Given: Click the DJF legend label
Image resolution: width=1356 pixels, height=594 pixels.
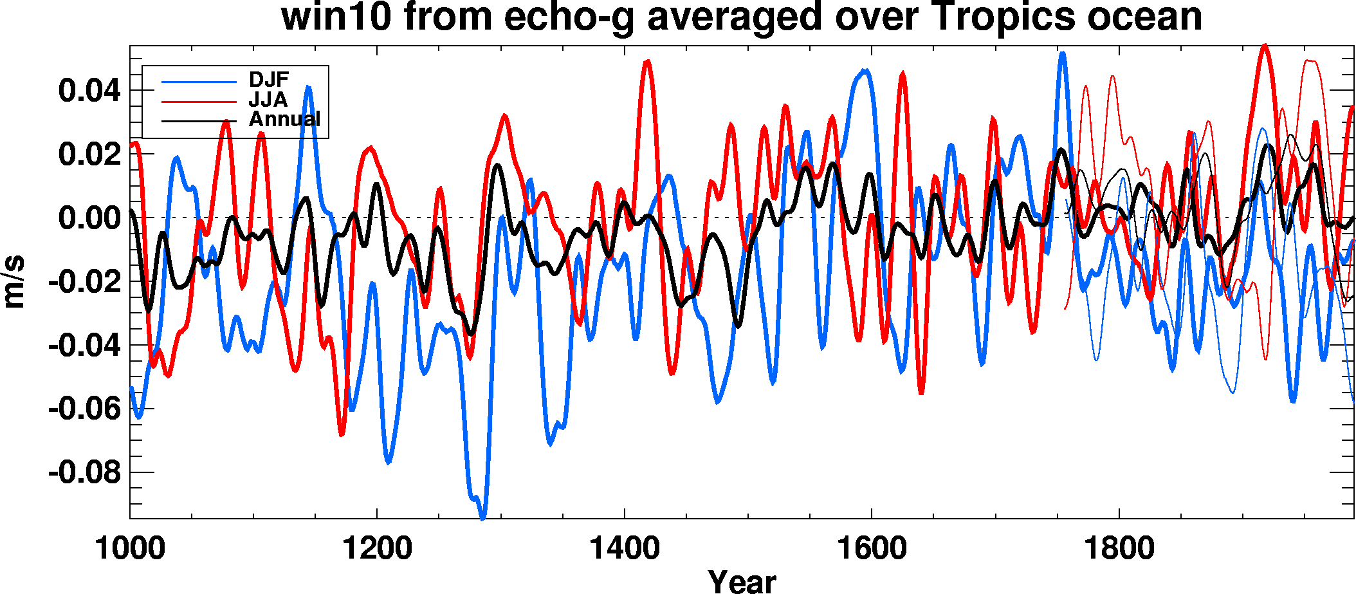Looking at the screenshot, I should (269, 80).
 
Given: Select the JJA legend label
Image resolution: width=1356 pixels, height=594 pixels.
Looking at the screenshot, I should (268, 100).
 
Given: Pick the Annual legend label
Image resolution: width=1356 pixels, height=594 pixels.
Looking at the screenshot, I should (284, 119).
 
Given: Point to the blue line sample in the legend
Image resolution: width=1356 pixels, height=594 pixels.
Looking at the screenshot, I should (199, 82).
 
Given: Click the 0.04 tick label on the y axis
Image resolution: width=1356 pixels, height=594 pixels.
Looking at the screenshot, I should (89, 91).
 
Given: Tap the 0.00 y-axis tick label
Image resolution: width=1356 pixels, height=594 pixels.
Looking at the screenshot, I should (89, 218).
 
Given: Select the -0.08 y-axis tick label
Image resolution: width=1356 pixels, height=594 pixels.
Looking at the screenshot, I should (85, 473).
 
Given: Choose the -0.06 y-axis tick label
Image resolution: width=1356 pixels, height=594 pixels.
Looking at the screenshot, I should (85, 409).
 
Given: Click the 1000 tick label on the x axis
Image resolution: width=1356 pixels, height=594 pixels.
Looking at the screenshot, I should (130, 549).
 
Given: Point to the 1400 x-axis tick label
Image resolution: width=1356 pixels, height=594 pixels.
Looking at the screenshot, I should (625, 549).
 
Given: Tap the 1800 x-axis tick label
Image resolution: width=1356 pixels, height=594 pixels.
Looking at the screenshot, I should (1119, 549).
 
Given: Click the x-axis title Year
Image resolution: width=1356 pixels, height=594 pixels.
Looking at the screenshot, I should (742, 580).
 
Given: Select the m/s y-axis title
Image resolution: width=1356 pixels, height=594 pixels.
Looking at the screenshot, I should (14, 282).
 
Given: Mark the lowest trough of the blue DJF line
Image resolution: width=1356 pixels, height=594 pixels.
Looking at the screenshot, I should (482, 517).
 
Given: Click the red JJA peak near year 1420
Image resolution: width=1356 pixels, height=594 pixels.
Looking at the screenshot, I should (648, 62).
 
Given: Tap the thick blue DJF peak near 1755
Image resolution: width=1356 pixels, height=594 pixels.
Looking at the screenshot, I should (1062, 54).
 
